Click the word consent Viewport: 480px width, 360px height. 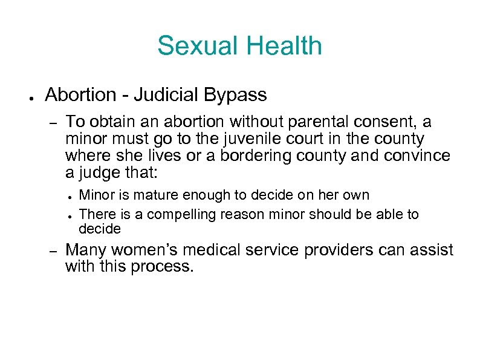coord(377,122)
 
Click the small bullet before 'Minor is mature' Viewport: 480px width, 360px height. coord(71,197)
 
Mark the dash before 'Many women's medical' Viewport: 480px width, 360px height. coord(53,250)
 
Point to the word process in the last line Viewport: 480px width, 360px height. coord(164,266)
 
